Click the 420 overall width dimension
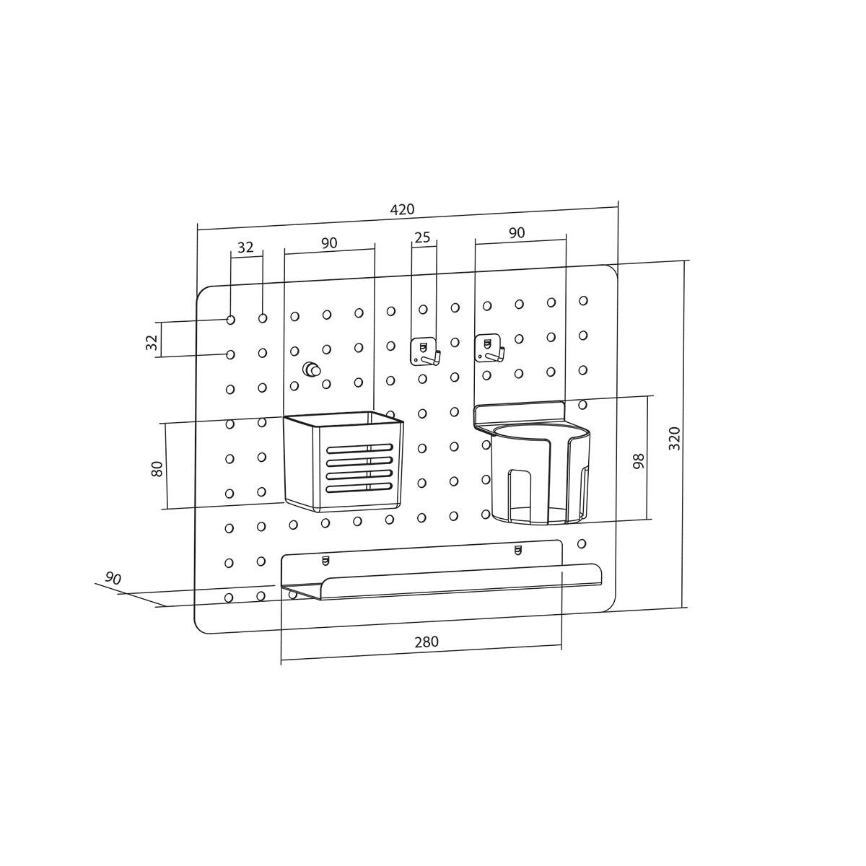click(402, 210)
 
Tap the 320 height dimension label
click(675, 439)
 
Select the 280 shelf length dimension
click(426, 642)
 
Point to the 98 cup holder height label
click(639, 462)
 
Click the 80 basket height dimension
click(157, 468)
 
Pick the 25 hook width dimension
click(422, 237)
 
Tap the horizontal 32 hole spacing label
click(245, 247)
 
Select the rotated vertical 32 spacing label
click(152, 342)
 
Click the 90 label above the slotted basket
click(329, 243)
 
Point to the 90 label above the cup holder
click(517, 232)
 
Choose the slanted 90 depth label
click(113, 578)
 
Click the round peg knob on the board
click(312, 369)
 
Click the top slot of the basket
click(359, 448)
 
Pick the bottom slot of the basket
click(359, 489)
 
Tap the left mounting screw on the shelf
click(324, 559)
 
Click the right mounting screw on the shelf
click(517, 552)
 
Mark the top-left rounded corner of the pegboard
click(201, 293)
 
